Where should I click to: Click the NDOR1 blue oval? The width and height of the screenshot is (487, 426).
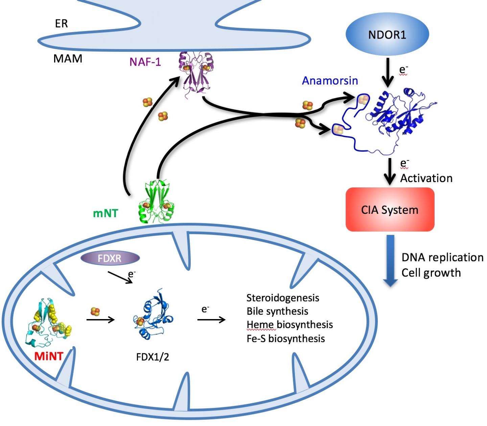(387, 34)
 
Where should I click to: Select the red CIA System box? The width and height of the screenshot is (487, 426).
(390, 210)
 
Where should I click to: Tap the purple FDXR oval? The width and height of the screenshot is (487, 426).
(110, 259)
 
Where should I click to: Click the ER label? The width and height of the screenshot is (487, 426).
(61, 23)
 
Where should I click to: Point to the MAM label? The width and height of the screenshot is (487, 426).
(68, 59)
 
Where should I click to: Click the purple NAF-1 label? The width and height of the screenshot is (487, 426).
(145, 62)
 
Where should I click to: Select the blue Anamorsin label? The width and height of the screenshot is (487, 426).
(330, 81)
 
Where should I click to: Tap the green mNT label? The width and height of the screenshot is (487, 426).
(105, 213)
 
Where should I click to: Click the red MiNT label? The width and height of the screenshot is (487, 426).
(49, 356)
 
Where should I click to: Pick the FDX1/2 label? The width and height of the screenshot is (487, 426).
(153, 357)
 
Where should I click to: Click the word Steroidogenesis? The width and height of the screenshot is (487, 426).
(283, 298)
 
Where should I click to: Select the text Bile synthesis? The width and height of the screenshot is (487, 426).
(277, 311)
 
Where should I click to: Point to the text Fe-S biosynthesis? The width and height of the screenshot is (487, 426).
(286, 339)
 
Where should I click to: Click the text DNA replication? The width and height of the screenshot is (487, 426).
(442, 257)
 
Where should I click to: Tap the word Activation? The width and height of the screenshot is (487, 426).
(426, 178)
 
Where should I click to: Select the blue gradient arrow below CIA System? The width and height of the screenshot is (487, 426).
(390, 261)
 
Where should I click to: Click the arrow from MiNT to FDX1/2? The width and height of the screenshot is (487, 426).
(101, 319)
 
